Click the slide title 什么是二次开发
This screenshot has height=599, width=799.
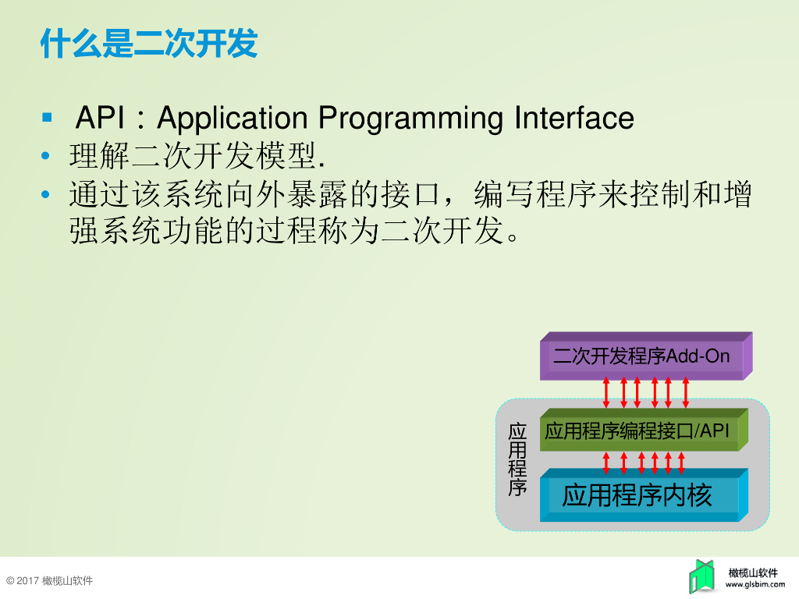pyautogui.click(x=148, y=44)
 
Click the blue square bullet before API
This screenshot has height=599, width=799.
pyautogui.click(x=47, y=118)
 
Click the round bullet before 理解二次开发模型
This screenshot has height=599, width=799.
pyautogui.click(x=47, y=158)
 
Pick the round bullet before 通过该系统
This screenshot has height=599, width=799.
pyautogui.click(x=47, y=194)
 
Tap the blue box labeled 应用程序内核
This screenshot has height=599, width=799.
pyautogui.click(x=638, y=495)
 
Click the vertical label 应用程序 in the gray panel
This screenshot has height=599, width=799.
pyautogui.click(x=517, y=460)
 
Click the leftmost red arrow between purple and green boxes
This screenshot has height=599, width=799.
pyautogui.click(x=607, y=392)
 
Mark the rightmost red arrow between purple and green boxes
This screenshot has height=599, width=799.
pyautogui.click(x=686, y=392)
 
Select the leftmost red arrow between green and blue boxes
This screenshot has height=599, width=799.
pyautogui.click(x=607, y=462)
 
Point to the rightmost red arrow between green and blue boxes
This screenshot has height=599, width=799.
pyautogui.click(x=681, y=462)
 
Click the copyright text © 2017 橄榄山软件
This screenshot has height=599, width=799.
pyautogui.click(x=49, y=581)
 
